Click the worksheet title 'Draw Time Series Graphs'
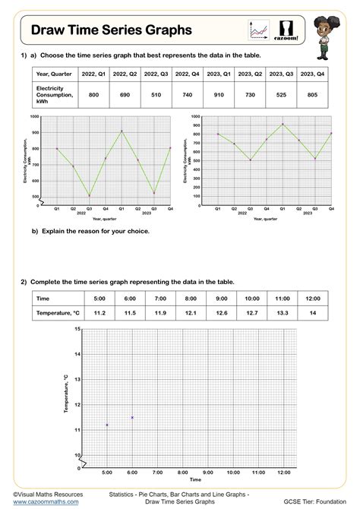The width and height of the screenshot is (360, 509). pyautogui.click(x=111, y=30)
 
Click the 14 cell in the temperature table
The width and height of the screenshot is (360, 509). pyautogui.click(x=313, y=312)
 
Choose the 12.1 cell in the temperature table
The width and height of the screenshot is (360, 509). pyautogui.click(x=191, y=312)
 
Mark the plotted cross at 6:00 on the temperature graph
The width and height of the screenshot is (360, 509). pyautogui.click(x=132, y=417)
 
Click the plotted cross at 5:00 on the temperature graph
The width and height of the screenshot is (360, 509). pyautogui.click(x=107, y=425)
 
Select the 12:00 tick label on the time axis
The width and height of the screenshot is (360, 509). pyautogui.click(x=283, y=473)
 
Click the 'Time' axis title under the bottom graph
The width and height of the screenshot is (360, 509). pyautogui.click(x=195, y=480)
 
